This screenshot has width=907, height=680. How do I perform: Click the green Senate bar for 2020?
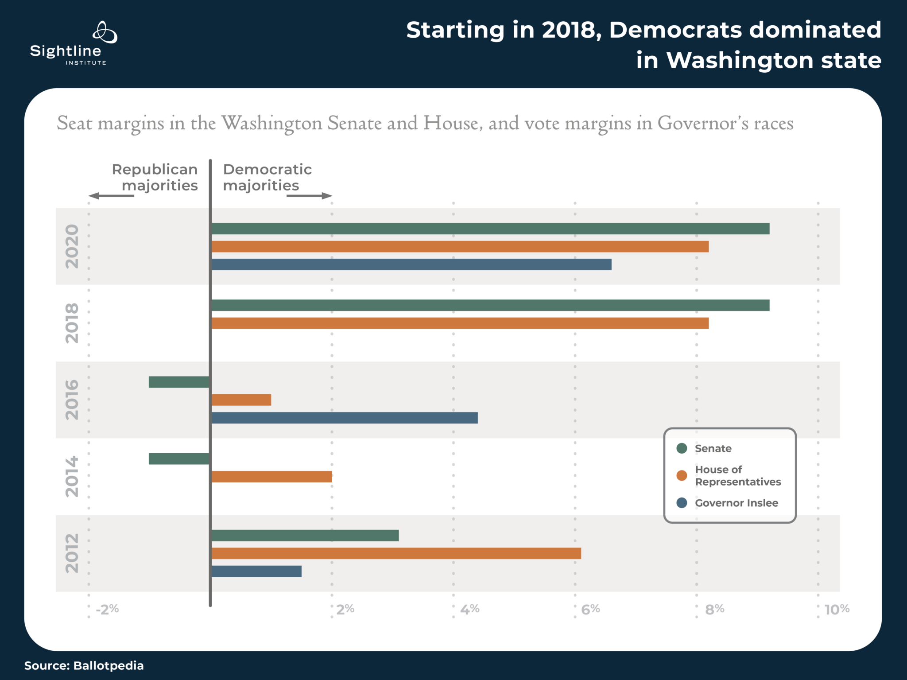click(x=490, y=229)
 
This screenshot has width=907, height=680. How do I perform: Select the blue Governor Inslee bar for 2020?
click(x=411, y=264)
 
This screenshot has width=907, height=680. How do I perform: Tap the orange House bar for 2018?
click(x=460, y=323)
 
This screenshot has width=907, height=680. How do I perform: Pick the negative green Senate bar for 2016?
click(x=179, y=382)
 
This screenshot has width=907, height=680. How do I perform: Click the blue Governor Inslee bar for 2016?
click(x=345, y=418)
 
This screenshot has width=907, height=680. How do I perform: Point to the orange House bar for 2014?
click(x=271, y=477)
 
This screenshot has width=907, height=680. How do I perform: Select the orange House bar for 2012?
click(x=396, y=553)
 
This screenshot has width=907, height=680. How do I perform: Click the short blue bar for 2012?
click(x=256, y=571)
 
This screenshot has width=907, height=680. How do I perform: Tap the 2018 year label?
click(x=72, y=323)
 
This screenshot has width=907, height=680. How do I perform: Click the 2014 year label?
click(x=72, y=477)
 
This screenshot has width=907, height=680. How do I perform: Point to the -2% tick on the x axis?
click(x=107, y=609)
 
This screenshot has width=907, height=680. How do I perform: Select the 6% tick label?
click(x=590, y=609)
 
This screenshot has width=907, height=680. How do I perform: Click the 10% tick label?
click(x=837, y=609)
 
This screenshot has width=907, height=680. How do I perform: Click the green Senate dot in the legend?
click(x=682, y=448)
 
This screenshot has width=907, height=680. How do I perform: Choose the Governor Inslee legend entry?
click(x=736, y=503)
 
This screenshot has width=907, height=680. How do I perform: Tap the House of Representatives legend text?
click(x=737, y=475)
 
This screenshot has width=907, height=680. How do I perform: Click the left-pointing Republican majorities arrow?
click(x=111, y=196)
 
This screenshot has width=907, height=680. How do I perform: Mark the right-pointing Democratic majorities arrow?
click(x=310, y=196)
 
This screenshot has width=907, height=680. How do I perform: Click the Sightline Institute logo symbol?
click(x=105, y=32)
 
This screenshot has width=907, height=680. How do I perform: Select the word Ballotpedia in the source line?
click(x=109, y=665)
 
